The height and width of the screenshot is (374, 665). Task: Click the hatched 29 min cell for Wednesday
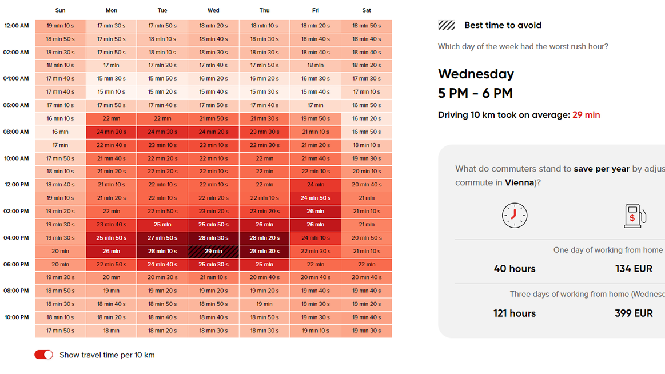[x=213, y=251]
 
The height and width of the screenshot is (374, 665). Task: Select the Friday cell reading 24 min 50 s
[x=315, y=198]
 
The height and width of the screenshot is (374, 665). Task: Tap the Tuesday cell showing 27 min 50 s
[x=162, y=238]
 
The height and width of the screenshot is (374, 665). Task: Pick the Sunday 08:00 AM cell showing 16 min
[x=60, y=132]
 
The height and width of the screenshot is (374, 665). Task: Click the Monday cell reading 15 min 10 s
[x=111, y=91]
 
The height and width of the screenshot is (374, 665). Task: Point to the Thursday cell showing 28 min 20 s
[x=264, y=238]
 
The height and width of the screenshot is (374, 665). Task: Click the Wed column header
[x=213, y=10]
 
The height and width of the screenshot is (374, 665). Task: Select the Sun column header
[x=60, y=10]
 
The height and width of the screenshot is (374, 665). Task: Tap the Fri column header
[x=315, y=10]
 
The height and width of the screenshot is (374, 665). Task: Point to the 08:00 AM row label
[x=16, y=132]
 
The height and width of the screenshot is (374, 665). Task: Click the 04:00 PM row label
[x=16, y=238]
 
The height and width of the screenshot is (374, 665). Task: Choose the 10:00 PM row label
[x=16, y=317]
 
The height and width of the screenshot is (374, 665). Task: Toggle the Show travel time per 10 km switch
[x=44, y=355]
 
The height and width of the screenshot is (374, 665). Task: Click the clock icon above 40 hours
[x=515, y=215]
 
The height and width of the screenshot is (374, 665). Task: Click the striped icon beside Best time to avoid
[x=447, y=25]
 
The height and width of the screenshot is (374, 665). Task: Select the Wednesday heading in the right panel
[x=476, y=74]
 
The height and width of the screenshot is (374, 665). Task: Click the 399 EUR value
[x=634, y=313]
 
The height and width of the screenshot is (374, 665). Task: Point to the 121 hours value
[x=515, y=313]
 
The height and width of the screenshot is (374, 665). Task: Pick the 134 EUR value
[x=634, y=269]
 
